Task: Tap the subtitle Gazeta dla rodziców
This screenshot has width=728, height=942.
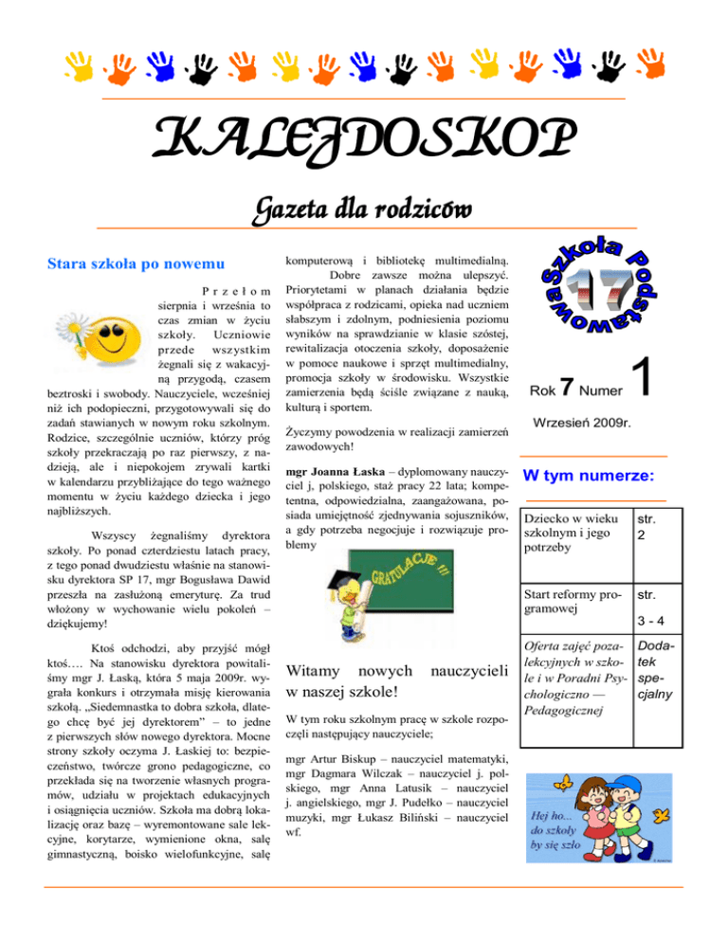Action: click(x=365, y=205)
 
